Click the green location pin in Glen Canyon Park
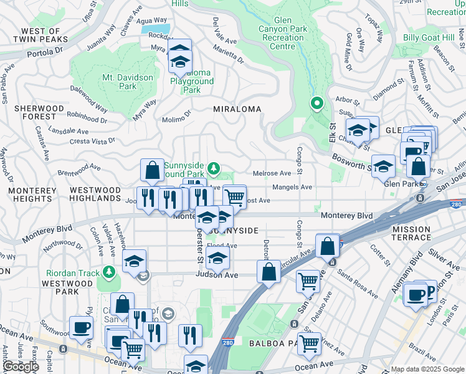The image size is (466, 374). (x=316, y=103)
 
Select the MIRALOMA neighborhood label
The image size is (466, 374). (x=237, y=108)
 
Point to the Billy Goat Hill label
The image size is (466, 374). (x=429, y=38)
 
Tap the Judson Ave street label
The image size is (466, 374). (x=217, y=274)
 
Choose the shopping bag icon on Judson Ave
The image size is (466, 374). (x=269, y=272)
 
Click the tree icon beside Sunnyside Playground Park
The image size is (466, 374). (x=214, y=168)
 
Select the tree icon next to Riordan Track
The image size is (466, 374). (x=109, y=272)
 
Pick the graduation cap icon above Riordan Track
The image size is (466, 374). (x=134, y=262)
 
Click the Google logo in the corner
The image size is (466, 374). (x=20, y=367)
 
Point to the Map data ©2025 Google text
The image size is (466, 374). (x=427, y=369)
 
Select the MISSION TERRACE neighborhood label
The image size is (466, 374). (x=411, y=233)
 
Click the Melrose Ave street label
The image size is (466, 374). (x=272, y=173)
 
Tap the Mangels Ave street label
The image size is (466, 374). (x=292, y=187)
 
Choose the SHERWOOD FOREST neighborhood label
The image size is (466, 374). (x=39, y=112)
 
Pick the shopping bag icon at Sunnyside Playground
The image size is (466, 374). (x=152, y=170)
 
